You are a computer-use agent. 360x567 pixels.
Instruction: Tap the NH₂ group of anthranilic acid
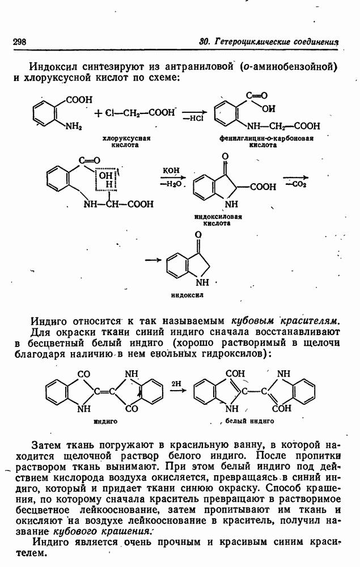74,126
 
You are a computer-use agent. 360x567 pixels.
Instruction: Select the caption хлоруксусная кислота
126,141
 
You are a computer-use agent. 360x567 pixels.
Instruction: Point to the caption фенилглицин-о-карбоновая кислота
266,141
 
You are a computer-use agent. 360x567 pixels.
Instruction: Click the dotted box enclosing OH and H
106,179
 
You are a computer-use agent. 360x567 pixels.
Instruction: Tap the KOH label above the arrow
171,170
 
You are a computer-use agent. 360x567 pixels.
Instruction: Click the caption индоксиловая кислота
218,220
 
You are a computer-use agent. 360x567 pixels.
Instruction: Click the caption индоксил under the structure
187,295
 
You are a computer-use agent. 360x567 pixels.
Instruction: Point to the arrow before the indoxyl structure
153,260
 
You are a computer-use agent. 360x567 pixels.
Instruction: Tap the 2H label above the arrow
177,383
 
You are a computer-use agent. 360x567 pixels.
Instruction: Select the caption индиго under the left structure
105,421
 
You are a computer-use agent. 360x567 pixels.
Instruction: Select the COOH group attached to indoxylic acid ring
262,187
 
